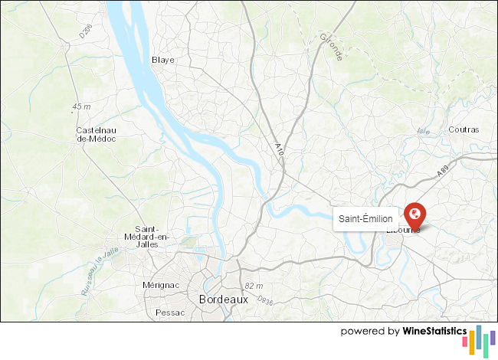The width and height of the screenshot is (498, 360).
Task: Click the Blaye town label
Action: coord(164,60)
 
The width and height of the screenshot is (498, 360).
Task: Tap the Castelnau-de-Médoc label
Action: coord(96,134)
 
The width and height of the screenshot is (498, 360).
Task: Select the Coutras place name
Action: coord(464,129)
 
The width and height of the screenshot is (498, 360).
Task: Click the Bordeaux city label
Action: coord(223,299)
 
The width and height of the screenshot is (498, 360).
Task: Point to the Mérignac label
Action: coord(161,285)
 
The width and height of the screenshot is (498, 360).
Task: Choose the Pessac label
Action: coord(169,313)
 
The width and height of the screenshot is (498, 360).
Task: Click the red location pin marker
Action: coord(414,213)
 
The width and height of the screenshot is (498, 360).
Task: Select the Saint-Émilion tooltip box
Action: coord(365,219)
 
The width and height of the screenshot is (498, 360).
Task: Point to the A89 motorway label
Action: coord(443,173)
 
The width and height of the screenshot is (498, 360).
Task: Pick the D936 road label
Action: coord(265,299)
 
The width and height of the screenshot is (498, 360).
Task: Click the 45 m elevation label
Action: coord(81,106)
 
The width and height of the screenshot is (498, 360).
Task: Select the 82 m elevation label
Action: coord(252,286)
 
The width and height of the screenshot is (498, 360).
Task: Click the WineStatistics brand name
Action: coord(434,332)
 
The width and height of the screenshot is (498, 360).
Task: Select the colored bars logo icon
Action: coord(482,339)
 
